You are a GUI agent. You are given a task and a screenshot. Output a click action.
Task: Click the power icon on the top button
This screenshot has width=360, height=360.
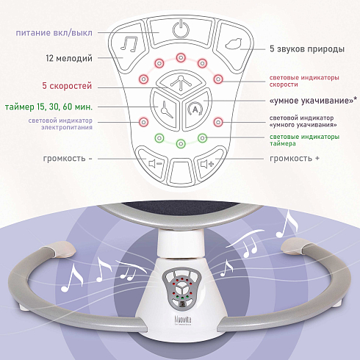(x=181, y=29)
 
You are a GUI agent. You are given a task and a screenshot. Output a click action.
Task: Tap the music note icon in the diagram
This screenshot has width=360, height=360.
(x=129, y=44)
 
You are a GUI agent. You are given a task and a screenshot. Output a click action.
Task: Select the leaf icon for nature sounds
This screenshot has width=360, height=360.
(x=234, y=44)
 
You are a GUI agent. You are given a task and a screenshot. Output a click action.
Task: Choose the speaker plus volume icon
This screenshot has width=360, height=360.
(x=207, y=163)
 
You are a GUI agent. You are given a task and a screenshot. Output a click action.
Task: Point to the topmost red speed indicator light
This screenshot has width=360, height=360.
(x=181, y=58)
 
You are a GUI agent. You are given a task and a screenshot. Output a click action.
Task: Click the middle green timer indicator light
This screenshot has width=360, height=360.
(x=181, y=143)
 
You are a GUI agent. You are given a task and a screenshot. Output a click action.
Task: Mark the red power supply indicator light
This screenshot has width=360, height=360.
(x=143, y=122)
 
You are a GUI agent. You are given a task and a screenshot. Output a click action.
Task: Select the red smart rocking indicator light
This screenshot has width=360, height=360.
(x=218, y=122)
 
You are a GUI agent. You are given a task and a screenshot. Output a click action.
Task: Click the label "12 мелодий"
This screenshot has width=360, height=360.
(x=69, y=58)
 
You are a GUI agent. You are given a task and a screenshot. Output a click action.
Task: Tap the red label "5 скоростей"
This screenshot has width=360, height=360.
(x=67, y=86)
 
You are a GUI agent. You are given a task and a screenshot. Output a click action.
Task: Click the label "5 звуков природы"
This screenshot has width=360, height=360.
(x=307, y=49)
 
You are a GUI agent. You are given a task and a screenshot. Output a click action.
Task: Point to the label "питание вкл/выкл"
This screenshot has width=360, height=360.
(x=54, y=33)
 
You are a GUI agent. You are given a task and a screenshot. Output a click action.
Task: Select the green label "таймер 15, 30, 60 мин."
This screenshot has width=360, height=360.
(x=48, y=107)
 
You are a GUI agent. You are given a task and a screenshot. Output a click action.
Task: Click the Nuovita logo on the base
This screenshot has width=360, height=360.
(x=183, y=320)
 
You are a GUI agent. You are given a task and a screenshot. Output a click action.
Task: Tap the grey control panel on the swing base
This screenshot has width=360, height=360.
(x=181, y=288)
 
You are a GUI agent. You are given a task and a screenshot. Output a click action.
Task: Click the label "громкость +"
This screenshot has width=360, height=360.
(x=295, y=159)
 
